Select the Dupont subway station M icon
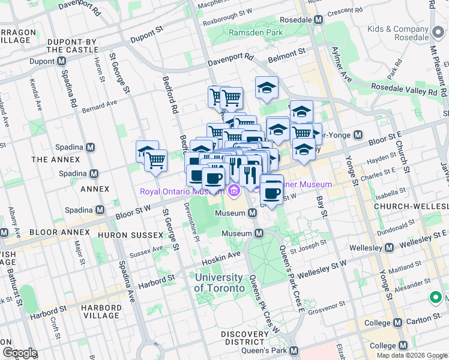(61, 61)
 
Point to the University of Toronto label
(220, 283)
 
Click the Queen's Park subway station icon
(294, 350)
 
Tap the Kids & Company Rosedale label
(402, 33)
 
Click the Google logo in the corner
(20, 352)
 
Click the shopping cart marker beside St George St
(156, 160)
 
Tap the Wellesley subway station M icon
(390, 247)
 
